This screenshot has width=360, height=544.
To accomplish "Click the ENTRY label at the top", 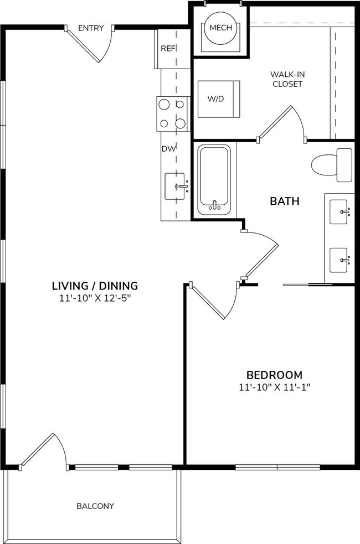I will point(91,28).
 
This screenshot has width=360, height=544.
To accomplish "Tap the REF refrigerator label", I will point(168,49).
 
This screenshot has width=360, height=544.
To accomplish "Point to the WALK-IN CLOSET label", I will point(286,79).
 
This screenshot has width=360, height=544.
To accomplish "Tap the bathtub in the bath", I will point(214,179).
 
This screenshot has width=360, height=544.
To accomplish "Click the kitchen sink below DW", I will point(175,186).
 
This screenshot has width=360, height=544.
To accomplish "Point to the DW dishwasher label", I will point(168,149).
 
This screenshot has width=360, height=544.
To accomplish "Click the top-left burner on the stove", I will point(164,103).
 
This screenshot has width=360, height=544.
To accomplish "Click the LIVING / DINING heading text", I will point(94,286).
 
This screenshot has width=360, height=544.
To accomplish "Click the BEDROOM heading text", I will point(275,375).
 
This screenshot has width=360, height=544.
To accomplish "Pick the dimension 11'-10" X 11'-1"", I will point(275,387).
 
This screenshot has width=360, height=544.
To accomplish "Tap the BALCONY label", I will point(95,506).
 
